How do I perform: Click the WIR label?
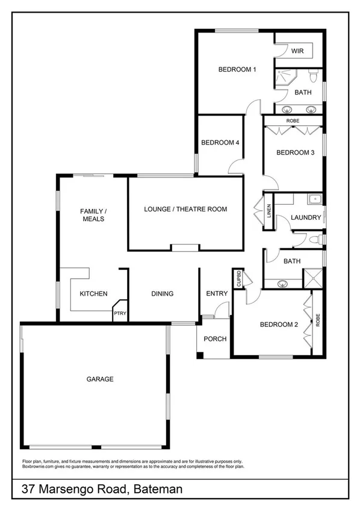[297, 52]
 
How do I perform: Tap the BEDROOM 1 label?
[237, 70]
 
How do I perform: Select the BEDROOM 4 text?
[220, 143]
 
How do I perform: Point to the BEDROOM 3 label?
[295, 152]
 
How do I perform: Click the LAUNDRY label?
[306, 217]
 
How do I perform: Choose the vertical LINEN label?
[269, 211]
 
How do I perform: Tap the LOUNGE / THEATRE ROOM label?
[185, 210]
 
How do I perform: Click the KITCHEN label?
[93, 294]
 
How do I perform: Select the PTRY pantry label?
[120, 314]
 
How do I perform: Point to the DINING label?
[163, 294]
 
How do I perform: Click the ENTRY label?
[217, 294]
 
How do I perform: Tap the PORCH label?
[215, 339]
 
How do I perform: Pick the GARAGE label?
[100, 379]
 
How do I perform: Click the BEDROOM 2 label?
[279, 325]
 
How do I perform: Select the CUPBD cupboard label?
[238, 279]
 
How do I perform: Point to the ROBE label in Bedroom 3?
[293, 121]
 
